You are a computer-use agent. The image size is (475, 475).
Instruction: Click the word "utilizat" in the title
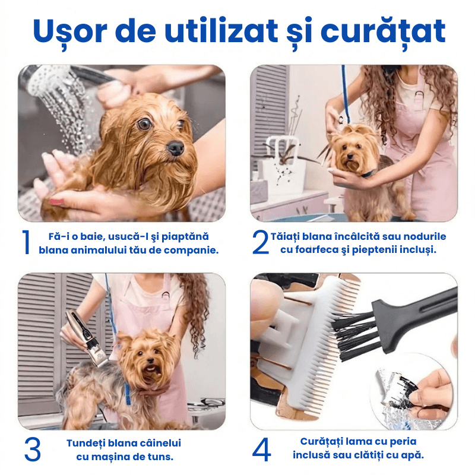tap(221, 31)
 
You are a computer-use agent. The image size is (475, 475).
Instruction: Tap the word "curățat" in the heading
tap(383, 32)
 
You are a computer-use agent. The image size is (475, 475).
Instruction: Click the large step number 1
tap(26, 242)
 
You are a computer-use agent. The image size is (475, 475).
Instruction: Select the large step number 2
tap(260, 242)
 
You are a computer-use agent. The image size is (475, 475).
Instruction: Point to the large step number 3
tap(33, 449)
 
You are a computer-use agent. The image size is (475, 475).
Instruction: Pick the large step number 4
tap(261, 449)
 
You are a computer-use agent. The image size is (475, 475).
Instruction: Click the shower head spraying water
tap(49, 80)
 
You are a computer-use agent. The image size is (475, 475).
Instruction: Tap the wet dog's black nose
tap(176, 148)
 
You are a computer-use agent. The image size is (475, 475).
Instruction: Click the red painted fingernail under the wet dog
tap(56, 202)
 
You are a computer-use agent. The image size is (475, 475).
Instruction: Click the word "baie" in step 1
tap(91, 236)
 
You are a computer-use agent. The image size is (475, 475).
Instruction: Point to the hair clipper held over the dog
tap(87, 338)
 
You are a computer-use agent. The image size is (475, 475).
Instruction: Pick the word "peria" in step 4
tap(403, 442)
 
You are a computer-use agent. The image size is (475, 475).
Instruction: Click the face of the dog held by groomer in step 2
tap(351, 151)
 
